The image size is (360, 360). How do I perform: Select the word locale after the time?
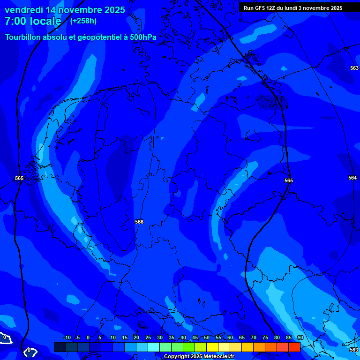coord(45,21)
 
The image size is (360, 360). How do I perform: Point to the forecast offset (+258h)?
coord(83,21)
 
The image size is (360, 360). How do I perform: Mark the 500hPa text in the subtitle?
coord(143,37)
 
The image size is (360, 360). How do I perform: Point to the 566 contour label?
coord(139,222)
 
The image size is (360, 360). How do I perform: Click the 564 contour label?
coord(352,178)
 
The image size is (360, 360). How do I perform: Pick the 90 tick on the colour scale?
coord(300,337)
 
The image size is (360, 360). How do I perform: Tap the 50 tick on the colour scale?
coord(207,337)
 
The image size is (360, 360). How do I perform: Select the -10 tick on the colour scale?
coord(66,337)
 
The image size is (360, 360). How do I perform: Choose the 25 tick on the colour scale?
coord(148,337)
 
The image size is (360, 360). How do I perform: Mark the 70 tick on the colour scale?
coord(254,337)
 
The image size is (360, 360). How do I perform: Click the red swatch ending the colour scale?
coord(294,347)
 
